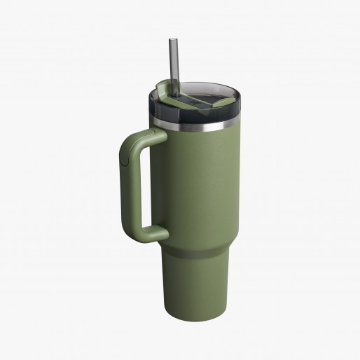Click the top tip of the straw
(171, 41)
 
